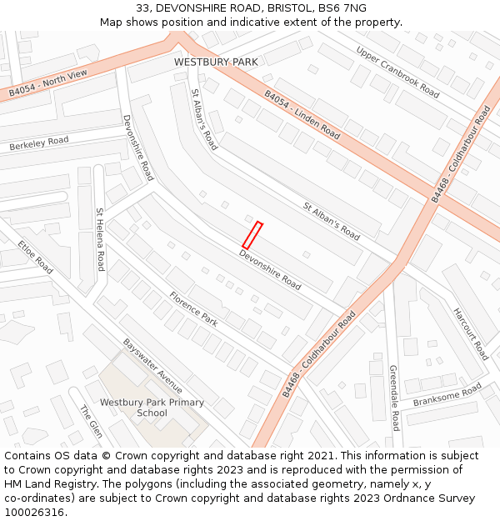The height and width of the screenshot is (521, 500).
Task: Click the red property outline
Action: (252, 235)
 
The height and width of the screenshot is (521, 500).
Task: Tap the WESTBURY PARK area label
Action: (216, 62)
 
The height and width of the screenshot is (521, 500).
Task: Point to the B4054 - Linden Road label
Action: (302, 115)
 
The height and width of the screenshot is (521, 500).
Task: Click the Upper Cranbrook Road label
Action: (397, 72)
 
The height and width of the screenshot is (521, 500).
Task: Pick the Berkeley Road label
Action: (39, 143)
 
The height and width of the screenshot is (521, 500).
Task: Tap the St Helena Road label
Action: (100, 239)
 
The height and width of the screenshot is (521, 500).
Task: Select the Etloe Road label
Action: (35, 258)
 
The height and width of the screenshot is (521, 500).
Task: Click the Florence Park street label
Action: (193, 307)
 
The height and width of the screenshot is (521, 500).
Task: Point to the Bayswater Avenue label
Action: (152, 365)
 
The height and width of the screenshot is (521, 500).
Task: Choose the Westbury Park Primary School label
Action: (152, 408)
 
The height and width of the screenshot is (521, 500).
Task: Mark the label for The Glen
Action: (91, 422)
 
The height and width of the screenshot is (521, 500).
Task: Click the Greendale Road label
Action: (394, 398)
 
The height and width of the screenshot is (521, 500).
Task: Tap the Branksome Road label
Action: (447, 394)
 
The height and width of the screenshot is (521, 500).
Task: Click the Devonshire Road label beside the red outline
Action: (270, 270)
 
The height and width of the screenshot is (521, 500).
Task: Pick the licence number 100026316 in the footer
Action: (34, 512)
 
